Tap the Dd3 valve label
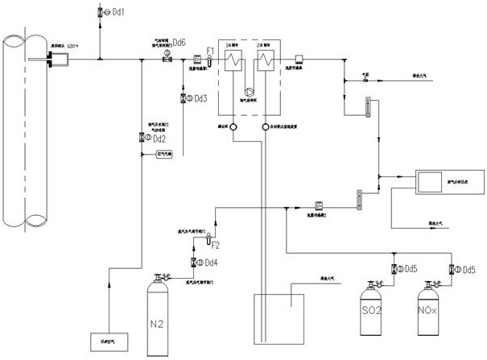pyautogui.click(x=200, y=98)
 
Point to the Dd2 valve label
pyautogui.click(x=159, y=139)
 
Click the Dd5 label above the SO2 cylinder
pyautogui.click(x=411, y=268)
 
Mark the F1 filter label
pyautogui.click(x=211, y=51)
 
